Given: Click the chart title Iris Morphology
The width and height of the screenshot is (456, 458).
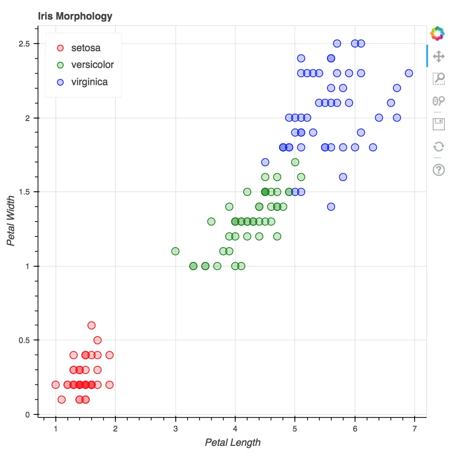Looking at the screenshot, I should tap(75, 16).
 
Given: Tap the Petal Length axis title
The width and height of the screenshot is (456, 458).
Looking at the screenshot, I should tap(233, 443).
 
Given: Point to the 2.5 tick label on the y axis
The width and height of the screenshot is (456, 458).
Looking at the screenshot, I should tap(24, 44).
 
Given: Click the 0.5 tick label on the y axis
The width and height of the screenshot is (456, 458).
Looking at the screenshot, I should tap(24, 340).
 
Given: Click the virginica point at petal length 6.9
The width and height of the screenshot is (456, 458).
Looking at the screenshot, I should tap(409, 73).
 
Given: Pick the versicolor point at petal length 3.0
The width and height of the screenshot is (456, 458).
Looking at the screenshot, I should tap(175, 251).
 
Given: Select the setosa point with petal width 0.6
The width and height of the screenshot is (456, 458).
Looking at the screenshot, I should tap(92, 325).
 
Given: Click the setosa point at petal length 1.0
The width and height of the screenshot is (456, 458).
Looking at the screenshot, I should tap(56, 384).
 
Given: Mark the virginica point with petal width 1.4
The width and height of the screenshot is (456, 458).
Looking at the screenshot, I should tap(331, 207).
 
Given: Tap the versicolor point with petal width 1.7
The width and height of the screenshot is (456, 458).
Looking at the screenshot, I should tap(295, 162).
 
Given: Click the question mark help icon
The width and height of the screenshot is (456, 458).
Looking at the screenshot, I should tap(438, 169).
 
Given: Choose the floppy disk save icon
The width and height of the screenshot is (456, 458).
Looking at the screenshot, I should tap(438, 124).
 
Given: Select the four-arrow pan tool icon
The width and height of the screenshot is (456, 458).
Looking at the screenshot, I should tap(438, 57).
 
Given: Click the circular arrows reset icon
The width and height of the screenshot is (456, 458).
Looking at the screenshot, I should tap(438, 147).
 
